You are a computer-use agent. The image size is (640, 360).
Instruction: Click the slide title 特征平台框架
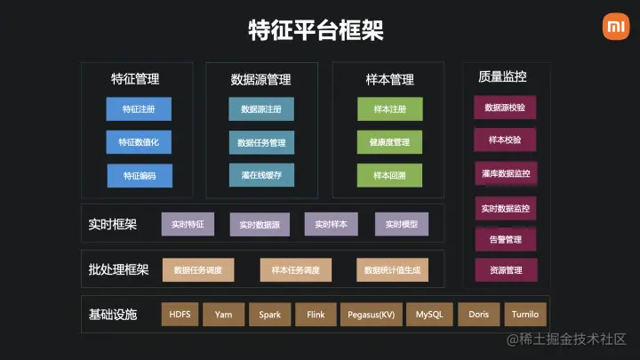pyautogui.click(x=316, y=31)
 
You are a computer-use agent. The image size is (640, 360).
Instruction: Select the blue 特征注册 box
pyautogui.click(x=139, y=109)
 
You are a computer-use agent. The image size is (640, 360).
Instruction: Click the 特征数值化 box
pyautogui.click(x=139, y=142)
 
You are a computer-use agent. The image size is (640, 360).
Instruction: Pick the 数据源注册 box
pyautogui.click(x=261, y=109)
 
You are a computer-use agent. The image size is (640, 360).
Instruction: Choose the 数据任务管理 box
pyautogui.click(x=261, y=143)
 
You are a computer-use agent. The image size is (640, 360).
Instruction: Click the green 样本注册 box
pyautogui.click(x=389, y=109)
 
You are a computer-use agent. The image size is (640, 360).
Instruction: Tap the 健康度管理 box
pyautogui.click(x=389, y=142)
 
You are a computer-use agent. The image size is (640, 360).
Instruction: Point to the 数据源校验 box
pyautogui.click(x=505, y=108)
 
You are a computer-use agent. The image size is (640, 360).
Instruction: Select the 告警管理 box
pyautogui.click(x=505, y=239)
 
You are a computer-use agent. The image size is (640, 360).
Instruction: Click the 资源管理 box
pyautogui.click(x=505, y=270)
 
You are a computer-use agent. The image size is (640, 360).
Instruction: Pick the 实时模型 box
pyautogui.click(x=402, y=225)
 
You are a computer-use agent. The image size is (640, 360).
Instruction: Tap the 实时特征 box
pyautogui.click(x=188, y=225)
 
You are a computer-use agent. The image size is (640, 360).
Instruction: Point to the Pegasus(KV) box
pyautogui.click(x=371, y=315)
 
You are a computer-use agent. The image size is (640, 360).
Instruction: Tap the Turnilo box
pyautogui.click(x=524, y=315)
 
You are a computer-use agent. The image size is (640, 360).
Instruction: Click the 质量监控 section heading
pyautogui.click(x=502, y=77)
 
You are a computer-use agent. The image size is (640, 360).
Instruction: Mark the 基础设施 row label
pyautogui.click(x=113, y=315)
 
